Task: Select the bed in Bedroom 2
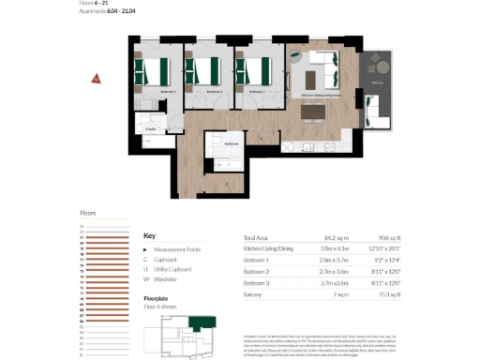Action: [x=202, y=71]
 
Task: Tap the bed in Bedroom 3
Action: [x=252, y=71]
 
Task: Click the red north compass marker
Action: [x=96, y=79]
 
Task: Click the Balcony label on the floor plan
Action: [x=378, y=83]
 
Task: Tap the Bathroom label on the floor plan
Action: [x=231, y=143]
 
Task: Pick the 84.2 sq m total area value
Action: [x=332, y=238]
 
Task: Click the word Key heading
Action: [x=149, y=236]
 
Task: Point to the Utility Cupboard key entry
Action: [x=175, y=268]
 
